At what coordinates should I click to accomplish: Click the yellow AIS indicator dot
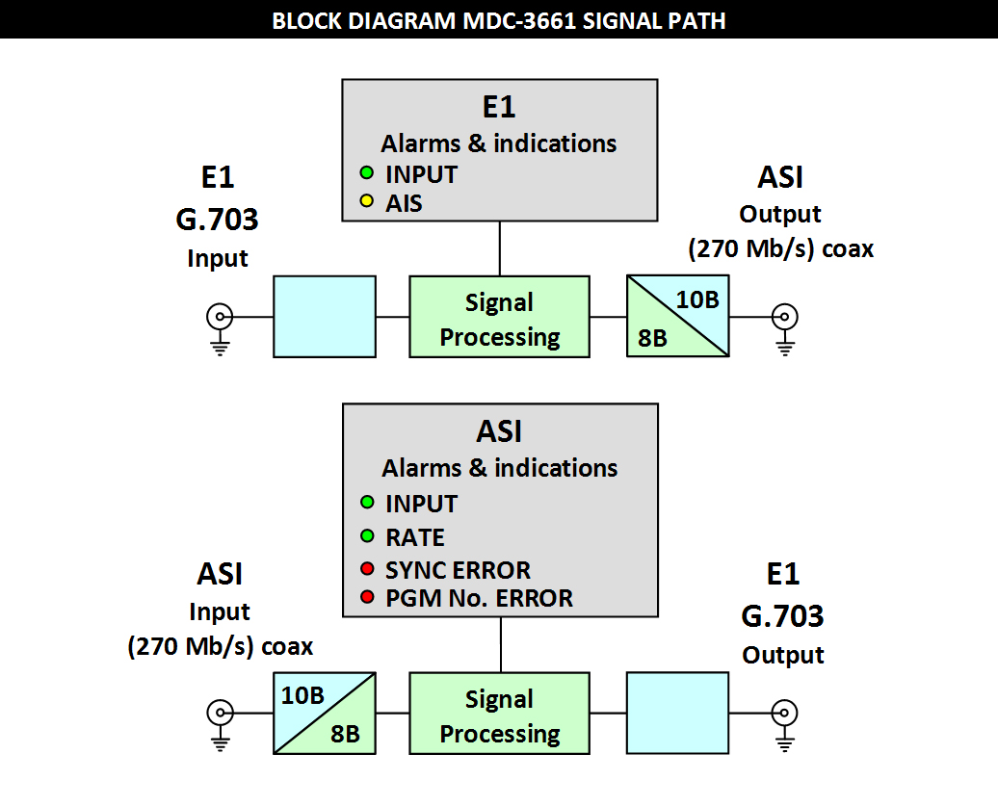coord(367,202)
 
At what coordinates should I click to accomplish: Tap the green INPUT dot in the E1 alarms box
coord(367,174)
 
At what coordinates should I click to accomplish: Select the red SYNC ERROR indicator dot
coord(367,569)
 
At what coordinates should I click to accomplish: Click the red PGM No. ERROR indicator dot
coord(367,598)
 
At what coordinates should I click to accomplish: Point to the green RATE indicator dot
coord(367,535)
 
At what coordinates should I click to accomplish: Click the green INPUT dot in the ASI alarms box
coord(367,503)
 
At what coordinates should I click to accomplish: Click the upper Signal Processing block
coord(499,317)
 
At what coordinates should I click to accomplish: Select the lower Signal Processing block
coord(499,714)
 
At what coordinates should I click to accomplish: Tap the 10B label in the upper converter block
coord(697,299)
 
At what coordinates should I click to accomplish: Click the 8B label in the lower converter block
coord(345,733)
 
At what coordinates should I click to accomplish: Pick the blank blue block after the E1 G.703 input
coord(325,317)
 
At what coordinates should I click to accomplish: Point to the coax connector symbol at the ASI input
coord(221,713)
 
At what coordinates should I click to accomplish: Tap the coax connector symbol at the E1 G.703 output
coord(785,713)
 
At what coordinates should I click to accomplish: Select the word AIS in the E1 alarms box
coord(404,203)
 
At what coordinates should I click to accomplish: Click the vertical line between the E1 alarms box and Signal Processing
coord(499,247)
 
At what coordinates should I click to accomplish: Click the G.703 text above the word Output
coord(782,615)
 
